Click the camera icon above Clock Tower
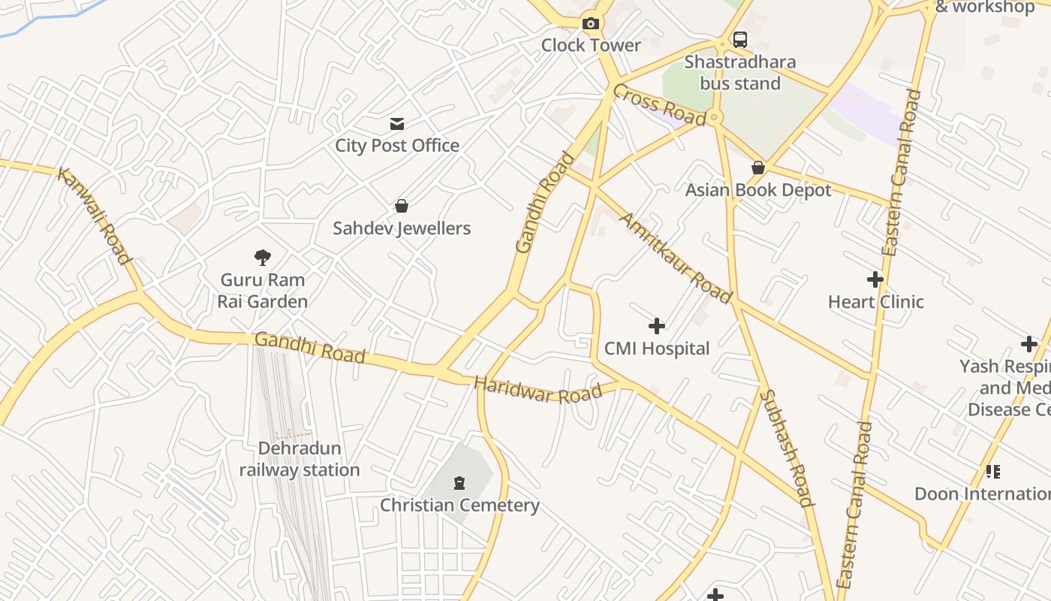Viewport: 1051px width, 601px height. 591,23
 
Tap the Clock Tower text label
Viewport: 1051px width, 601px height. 591,45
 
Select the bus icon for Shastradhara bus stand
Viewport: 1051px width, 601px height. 740,39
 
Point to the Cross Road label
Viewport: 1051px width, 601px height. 658,104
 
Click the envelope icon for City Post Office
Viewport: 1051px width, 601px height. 397,124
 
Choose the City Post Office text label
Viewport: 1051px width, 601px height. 397,146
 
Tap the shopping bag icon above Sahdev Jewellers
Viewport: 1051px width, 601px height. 402,206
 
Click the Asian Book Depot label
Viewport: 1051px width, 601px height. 758,190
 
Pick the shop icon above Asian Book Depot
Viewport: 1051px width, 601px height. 758,168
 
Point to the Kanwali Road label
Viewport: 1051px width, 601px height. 95,216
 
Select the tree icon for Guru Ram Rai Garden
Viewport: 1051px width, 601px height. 262,258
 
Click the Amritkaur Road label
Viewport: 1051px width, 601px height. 675,258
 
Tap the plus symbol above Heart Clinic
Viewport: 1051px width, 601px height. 875,279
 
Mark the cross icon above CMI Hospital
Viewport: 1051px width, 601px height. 657,326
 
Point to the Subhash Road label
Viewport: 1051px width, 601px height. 786,448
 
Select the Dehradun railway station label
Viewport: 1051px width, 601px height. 300,459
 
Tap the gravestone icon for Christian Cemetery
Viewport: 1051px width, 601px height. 459,482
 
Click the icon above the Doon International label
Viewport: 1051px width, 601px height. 993,472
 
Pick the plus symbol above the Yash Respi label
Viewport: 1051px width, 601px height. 1029,344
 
